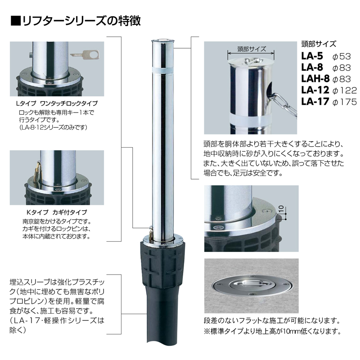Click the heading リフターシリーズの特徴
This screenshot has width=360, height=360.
(81, 21)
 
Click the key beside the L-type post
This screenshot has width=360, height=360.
(85, 54)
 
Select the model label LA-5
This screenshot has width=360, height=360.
(312, 56)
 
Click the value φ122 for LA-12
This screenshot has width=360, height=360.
(345, 90)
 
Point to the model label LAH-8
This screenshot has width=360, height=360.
(315, 79)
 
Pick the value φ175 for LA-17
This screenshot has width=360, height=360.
(345, 102)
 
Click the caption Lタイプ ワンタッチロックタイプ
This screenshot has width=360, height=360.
(57, 103)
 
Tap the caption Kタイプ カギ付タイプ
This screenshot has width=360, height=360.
(57, 212)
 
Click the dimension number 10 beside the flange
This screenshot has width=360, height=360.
(281, 209)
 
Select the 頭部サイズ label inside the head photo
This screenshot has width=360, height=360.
(252, 49)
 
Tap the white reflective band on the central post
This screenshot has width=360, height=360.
(163, 70)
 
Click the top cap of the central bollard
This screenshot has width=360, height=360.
(163, 41)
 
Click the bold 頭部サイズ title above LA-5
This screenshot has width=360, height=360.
(319, 44)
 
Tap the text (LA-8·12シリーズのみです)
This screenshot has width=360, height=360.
(53, 127)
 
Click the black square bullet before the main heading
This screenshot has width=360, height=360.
(16, 21)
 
